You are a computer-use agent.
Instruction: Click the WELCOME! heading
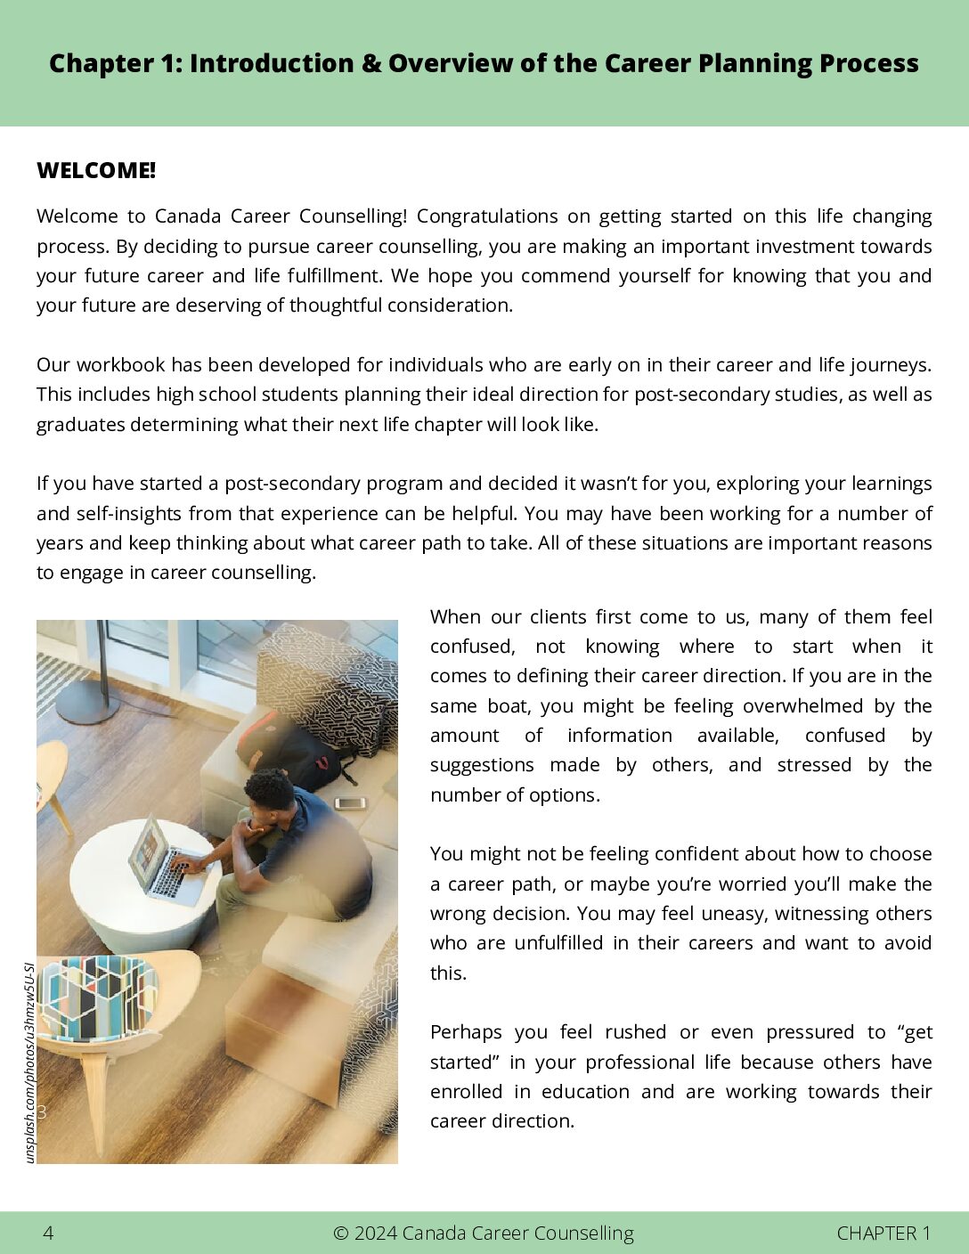click(x=96, y=171)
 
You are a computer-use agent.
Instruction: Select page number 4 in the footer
click(x=48, y=1233)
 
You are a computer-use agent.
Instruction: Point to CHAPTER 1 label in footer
click(x=883, y=1233)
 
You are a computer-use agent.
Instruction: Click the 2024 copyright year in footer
click(x=375, y=1233)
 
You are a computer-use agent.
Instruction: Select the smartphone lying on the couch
click(x=350, y=802)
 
